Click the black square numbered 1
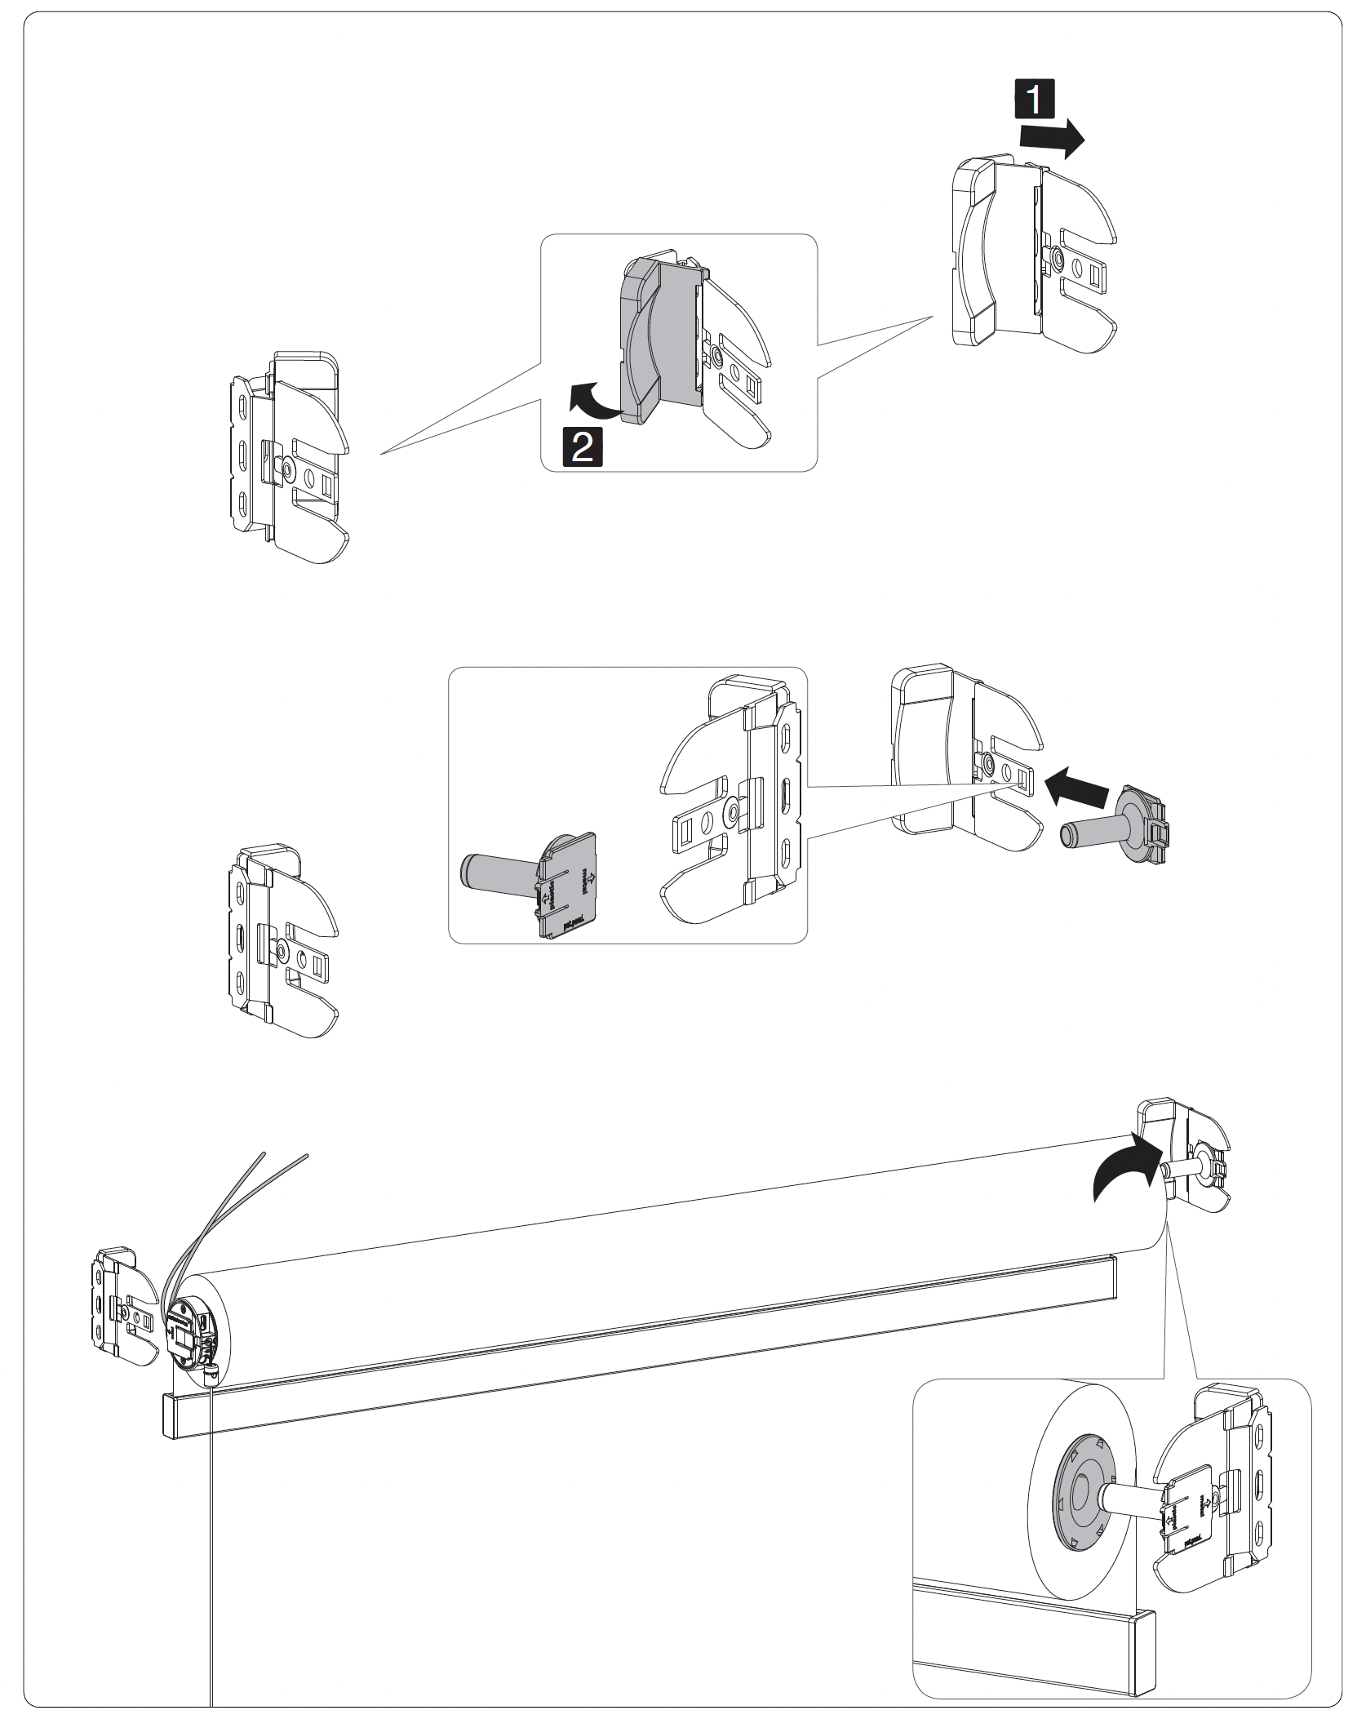pos(1033,101)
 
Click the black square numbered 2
pos(582,448)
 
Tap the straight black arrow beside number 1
pos(1052,140)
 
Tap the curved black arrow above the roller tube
pos(1125,1170)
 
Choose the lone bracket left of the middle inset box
pos(282,940)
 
